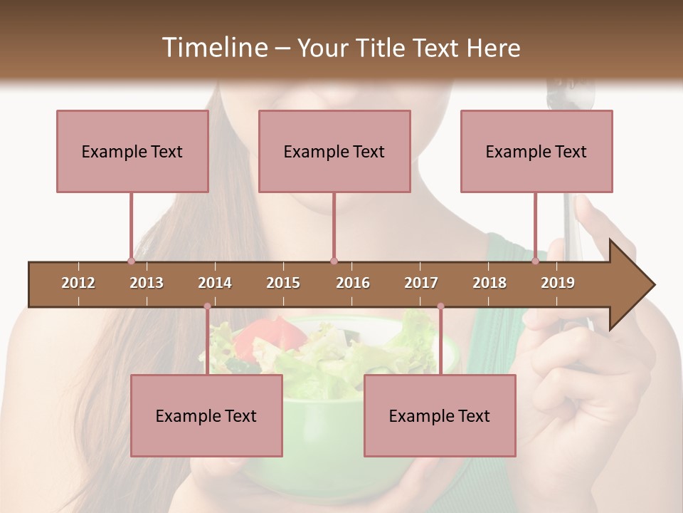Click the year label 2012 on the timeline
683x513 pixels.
78,283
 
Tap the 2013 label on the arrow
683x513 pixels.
147,283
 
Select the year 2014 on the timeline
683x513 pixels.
215,283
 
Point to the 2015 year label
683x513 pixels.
283,283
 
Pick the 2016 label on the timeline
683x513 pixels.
353,283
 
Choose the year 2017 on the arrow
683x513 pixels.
421,283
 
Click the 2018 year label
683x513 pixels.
489,283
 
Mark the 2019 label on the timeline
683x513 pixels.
558,283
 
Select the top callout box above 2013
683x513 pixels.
132,151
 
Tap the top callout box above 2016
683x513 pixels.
334,151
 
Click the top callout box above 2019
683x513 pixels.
536,151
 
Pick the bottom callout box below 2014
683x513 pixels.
206,415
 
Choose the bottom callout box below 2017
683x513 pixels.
440,415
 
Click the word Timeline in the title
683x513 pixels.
213,48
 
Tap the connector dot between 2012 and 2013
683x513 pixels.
131,261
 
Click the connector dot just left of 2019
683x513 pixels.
535,261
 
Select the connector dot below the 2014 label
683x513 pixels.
207,306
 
